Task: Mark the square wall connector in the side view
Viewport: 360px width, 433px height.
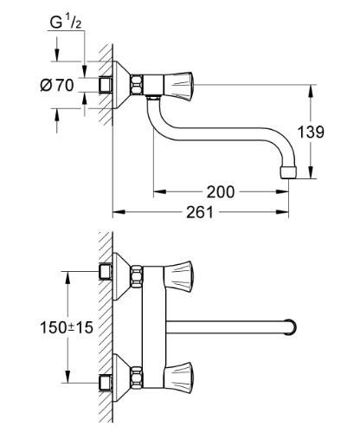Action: tap(108, 85)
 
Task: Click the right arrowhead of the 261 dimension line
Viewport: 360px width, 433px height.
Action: tap(294, 211)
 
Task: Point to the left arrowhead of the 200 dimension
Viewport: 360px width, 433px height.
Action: tap(157, 191)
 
